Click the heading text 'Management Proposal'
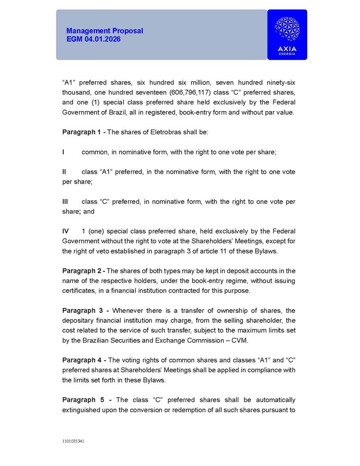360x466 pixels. point(104,31)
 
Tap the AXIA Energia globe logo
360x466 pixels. point(287,29)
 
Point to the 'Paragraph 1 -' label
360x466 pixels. point(83,132)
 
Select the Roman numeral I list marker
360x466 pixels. point(64,152)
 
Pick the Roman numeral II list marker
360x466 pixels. point(64,172)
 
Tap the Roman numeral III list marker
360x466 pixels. point(65,202)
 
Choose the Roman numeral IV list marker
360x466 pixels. point(66,231)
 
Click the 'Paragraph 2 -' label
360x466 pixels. point(83,271)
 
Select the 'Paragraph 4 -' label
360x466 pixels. point(84,360)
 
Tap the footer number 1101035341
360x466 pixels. point(73,441)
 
